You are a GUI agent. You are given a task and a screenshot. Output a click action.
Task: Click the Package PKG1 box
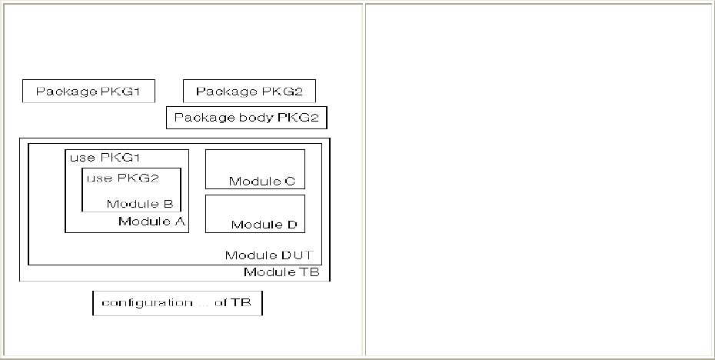(x=88, y=92)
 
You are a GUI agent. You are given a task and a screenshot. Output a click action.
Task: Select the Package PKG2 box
(x=249, y=92)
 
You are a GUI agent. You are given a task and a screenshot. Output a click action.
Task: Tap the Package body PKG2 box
(x=246, y=118)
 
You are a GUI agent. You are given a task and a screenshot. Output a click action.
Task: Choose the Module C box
(x=254, y=169)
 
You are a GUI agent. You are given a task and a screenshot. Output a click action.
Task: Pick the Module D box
(x=254, y=213)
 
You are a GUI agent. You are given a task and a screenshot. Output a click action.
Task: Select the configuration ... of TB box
(x=177, y=303)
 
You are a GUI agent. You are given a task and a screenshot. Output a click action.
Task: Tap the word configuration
(x=137, y=303)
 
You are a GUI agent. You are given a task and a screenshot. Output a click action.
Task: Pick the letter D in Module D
(x=291, y=225)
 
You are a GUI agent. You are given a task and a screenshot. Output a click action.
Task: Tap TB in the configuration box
(x=241, y=303)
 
